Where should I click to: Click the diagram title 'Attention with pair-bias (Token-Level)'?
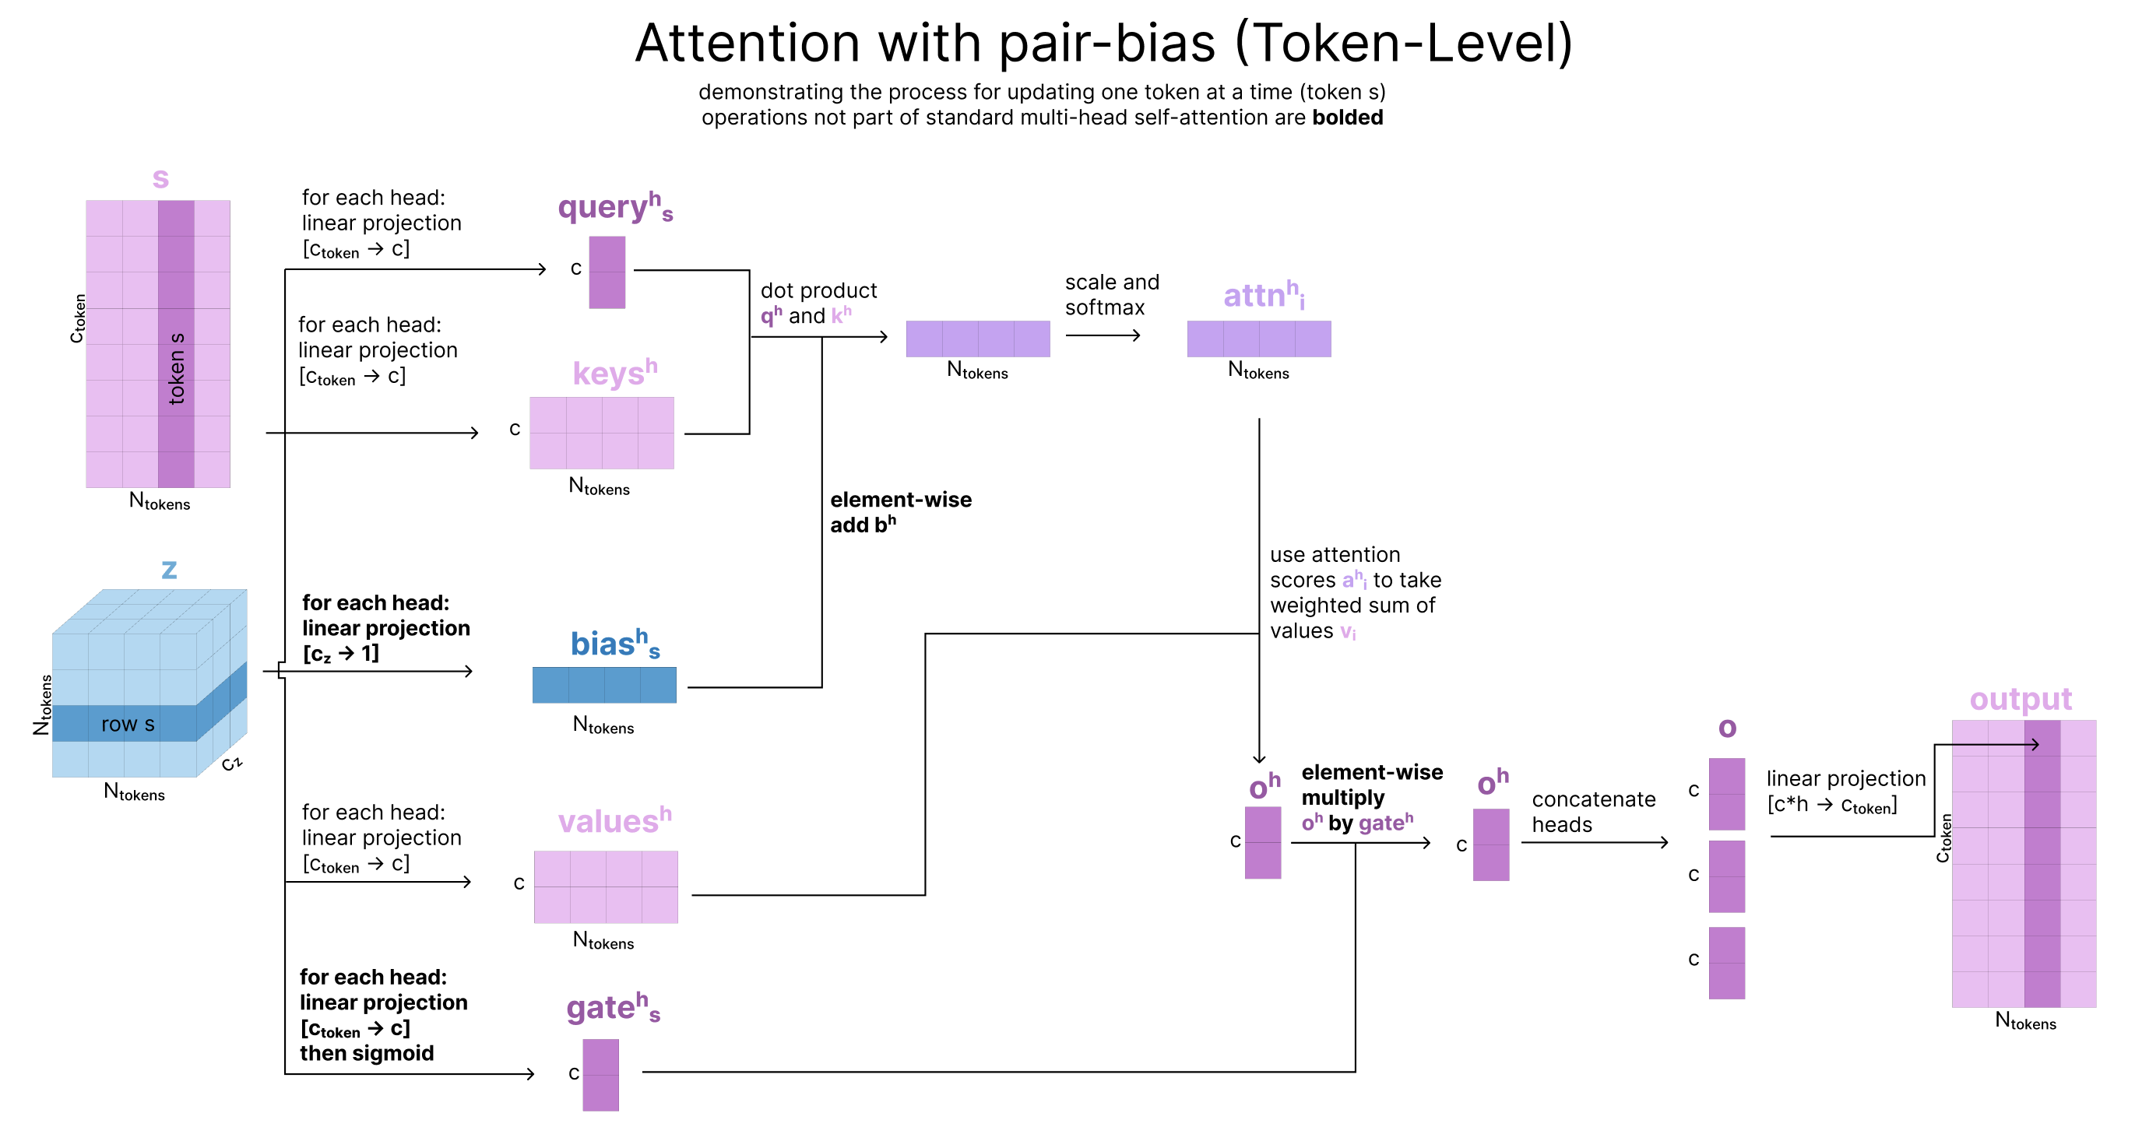click(x=1103, y=43)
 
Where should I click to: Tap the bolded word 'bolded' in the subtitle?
click(x=1348, y=118)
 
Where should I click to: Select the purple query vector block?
click(x=607, y=272)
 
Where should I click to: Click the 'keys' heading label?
click(x=615, y=373)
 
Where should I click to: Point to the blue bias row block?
click(x=604, y=685)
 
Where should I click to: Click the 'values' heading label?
click(x=614, y=820)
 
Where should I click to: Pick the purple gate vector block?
click(x=601, y=1075)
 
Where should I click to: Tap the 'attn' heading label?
click(x=1264, y=295)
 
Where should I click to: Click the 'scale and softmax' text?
click(x=1111, y=295)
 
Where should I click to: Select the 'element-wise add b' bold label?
click(x=901, y=512)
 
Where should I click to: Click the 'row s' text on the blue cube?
click(x=128, y=724)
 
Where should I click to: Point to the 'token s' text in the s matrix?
click(x=176, y=369)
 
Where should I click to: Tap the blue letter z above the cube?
click(x=169, y=570)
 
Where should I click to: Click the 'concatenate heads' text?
click(x=1593, y=812)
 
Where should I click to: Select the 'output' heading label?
click(x=2021, y=700)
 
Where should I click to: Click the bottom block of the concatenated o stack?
click(x=1726, y=963)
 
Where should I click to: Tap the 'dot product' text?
click(x=818, y=291)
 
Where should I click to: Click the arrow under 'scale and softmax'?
click(x=1103, y=335)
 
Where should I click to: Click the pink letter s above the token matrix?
click(x=161, y=179)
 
